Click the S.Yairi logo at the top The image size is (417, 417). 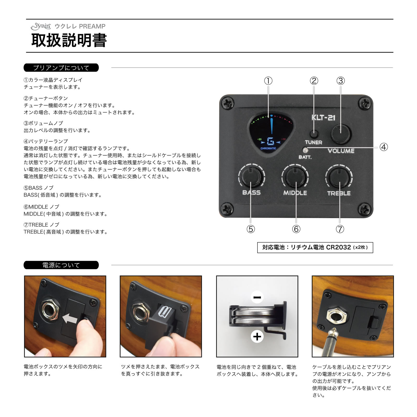(x=41, y=26)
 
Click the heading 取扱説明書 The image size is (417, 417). (x=69, y=40)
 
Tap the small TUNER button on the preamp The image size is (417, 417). (x=314, y=134)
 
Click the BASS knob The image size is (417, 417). (x=251, y=177)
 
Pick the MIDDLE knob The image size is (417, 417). (x=295, y=177)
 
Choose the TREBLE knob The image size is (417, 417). (x=339, y=177)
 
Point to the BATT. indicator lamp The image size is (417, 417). (x=305, y=150)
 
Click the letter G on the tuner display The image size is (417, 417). (x=271, y=142)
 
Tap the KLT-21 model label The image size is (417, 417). (x=323, y=118)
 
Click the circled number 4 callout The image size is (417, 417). (x=383, y=147)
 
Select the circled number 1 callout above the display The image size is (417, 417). (x=268, y=81)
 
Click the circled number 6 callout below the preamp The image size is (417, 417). (x=296, y=229)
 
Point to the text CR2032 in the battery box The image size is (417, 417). (x=338, y=247)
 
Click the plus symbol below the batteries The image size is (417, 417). (x=257, y=336)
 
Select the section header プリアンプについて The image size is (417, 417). (x=61, y=68)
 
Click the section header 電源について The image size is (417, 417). (x=61, y=265)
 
